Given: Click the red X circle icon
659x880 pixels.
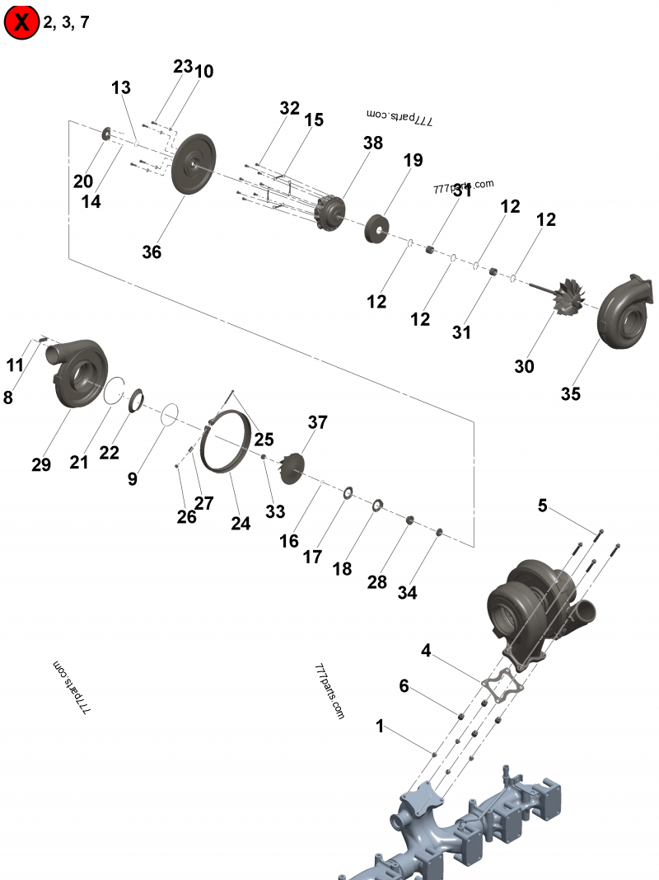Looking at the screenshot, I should [21, 22].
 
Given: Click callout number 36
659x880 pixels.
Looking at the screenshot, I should [152, 252].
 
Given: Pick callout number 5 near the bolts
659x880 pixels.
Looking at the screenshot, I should [543, 506].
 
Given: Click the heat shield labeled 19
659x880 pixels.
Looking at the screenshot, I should [377, 227].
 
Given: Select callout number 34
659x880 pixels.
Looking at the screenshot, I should [407, 592].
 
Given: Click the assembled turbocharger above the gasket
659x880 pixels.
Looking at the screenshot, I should [527, 602].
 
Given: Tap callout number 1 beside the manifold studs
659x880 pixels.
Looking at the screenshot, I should [380, 727].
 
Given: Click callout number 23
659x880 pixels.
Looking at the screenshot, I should [183, 66].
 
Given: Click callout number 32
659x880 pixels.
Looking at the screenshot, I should [290, 108].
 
